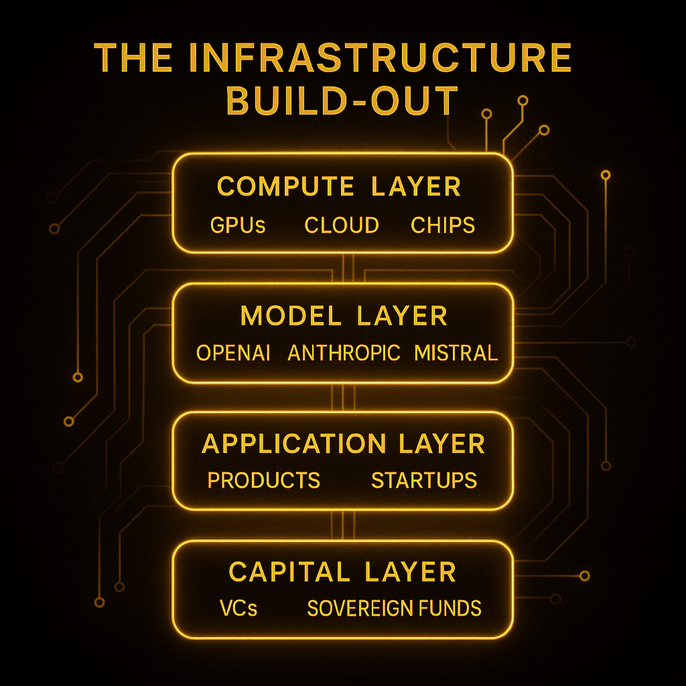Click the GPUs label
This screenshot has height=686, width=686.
tap(237, 225)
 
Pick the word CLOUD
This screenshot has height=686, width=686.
tap(342, 225)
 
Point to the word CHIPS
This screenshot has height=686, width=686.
tap(442, 225)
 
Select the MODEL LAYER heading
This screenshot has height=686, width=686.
tap(344, 316)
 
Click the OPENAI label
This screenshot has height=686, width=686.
tap(233, 353)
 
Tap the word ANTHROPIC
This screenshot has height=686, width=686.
tap(344, 353)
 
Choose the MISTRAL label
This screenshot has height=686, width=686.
tap(456, 353)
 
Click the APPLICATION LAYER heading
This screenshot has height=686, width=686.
tap(343, 444)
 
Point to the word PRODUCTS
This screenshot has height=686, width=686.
tap(264, 480)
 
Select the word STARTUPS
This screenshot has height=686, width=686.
tap(424, 480)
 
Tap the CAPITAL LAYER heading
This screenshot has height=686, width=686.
tap(342, 572)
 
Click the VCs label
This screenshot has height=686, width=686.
tap(238, 608)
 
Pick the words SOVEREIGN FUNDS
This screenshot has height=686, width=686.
tap(394, 608)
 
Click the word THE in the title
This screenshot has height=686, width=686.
tap(134, 58)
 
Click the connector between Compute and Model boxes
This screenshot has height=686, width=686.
tap(343, 268)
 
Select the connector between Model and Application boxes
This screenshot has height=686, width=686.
tap(343, 397)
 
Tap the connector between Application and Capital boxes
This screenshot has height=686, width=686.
tap(343, 526)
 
